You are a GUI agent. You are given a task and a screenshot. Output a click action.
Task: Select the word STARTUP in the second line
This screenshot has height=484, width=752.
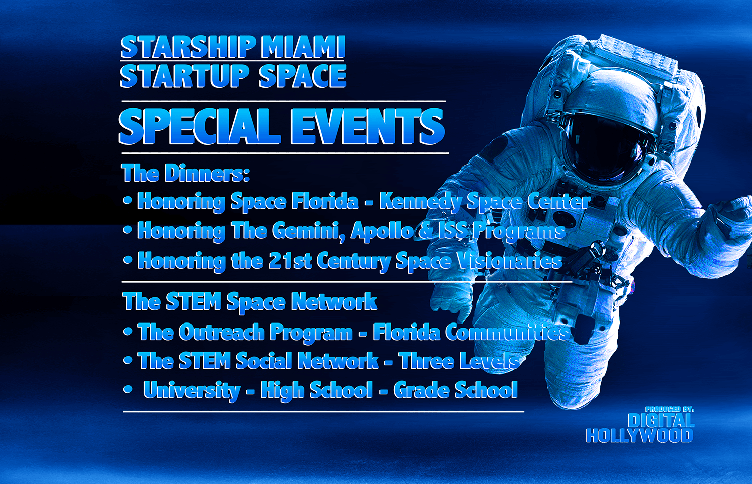[184, 76]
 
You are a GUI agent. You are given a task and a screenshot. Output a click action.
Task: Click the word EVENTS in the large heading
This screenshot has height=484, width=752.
[368, 126]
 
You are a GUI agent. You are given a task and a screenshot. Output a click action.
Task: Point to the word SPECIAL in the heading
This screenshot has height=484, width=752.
[200, 126]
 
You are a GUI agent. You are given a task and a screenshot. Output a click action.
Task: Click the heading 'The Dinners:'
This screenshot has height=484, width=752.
[185, 174]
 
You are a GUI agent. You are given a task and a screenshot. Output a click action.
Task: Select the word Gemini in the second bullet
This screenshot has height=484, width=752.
[308, 231]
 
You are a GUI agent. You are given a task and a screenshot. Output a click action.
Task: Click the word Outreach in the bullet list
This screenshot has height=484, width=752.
[222, 332]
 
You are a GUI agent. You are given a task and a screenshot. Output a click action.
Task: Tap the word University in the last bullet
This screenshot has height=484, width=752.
[192, 390]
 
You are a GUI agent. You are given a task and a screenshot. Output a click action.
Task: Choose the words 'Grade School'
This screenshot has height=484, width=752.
[456, 390]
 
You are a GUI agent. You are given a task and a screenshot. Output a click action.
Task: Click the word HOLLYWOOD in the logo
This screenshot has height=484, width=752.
[640, 436]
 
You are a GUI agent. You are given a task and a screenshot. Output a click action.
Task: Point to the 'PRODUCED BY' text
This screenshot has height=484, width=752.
[669, 409]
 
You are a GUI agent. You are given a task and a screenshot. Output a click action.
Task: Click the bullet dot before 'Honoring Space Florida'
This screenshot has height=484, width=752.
[127, 201]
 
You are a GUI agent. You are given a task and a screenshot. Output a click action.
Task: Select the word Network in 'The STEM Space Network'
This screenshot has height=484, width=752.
[334, 301]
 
